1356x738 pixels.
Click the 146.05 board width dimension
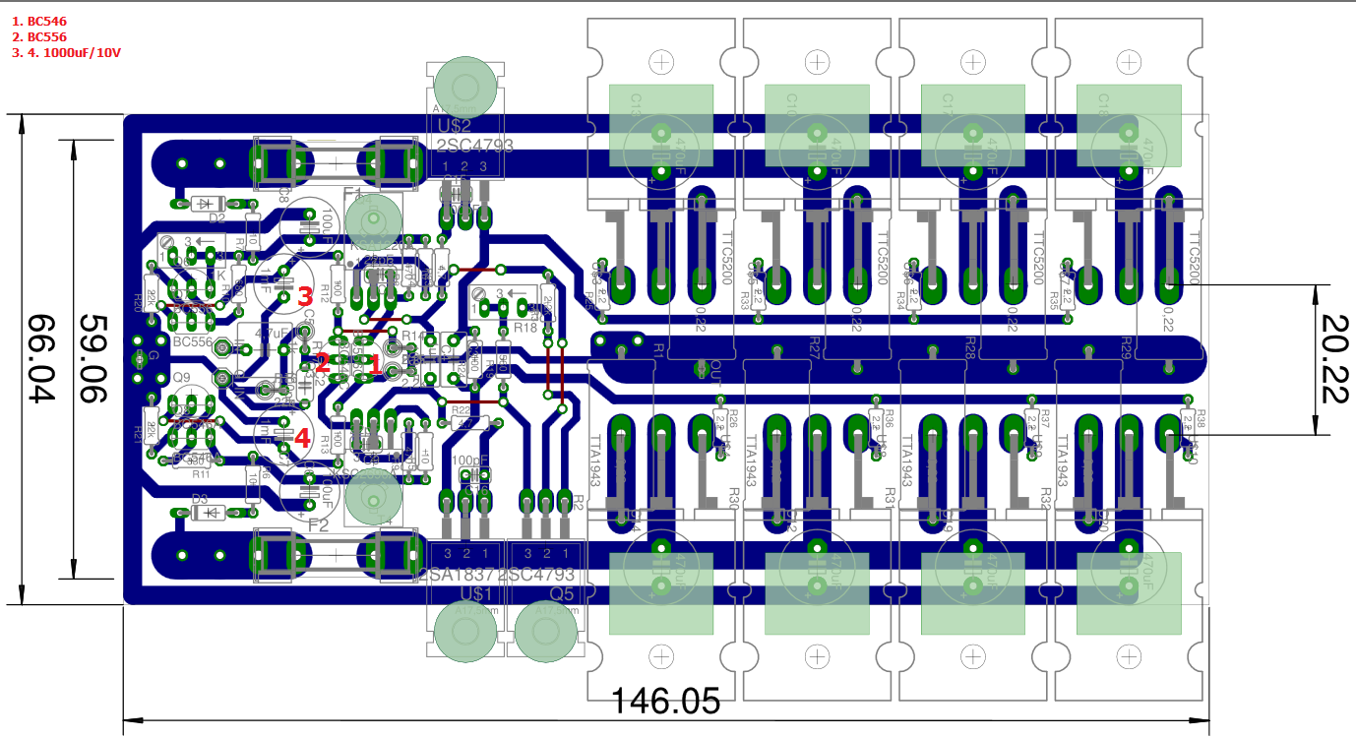tap(665, 701)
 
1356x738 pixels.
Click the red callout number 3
tap(304, 295)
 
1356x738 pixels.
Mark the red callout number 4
tap(301, 437)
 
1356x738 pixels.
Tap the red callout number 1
tap(373, 364)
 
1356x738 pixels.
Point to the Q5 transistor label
tap(562, 593)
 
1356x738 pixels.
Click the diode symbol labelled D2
tap(204, 204)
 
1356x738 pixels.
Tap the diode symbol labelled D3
tap(206, 512)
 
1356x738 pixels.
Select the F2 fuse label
tap(318, 525)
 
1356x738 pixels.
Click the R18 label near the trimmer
tap(524, 327)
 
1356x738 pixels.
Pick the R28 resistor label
tap(969, 348)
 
